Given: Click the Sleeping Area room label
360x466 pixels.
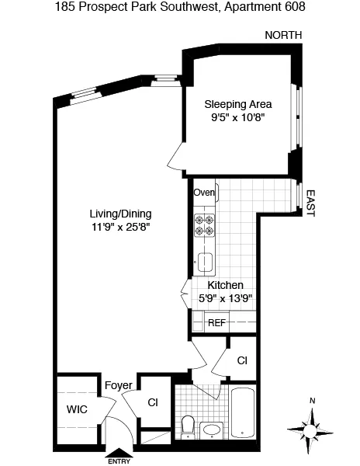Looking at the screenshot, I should [x=238, y=104].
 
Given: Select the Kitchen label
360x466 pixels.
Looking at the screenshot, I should [x=225, y=285].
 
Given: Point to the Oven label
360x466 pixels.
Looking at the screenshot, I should [x=204, y=193].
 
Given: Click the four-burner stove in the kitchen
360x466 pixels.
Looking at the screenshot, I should [x=204, y=224].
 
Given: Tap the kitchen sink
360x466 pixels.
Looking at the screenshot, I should [x=205, y=262].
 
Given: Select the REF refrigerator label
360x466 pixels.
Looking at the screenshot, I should [x=216, y=322].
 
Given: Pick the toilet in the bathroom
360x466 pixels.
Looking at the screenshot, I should [x=188, y=426].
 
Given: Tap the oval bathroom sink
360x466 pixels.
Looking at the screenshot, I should [x=210, y=429].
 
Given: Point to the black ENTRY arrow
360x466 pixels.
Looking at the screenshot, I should [x=119, y=455].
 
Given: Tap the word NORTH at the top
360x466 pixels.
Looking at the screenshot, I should [x=283, y=36].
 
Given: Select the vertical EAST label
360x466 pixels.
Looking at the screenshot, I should [x=310, y=203].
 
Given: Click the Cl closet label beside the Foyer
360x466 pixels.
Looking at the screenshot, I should [x=152, y=402].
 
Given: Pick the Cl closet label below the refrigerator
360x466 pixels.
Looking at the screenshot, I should [x=242, y=360].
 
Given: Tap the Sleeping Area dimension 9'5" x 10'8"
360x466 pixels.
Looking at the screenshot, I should [x=238, y=119].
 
